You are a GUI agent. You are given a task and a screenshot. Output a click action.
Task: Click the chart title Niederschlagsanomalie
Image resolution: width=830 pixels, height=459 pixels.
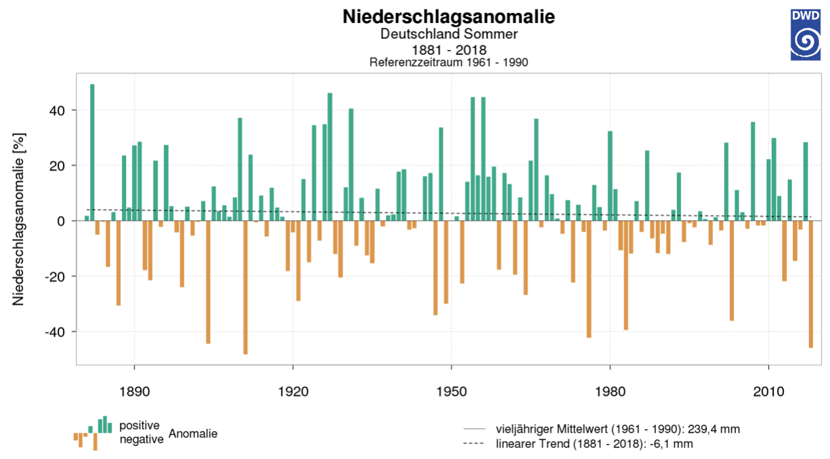click(449, 17)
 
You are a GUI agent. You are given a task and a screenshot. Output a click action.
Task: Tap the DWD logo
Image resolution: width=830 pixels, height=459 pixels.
click(805, 35)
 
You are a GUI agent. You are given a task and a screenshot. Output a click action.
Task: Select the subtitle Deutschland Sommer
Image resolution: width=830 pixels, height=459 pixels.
click(449, 34)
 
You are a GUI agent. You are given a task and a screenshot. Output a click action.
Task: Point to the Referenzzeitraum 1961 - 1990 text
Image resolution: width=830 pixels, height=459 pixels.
click(449, 62)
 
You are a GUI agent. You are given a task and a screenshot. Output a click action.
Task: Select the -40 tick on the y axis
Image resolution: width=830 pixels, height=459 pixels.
click(57, 332)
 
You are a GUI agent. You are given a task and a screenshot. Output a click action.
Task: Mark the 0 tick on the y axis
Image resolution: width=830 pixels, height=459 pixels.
click(63, 221)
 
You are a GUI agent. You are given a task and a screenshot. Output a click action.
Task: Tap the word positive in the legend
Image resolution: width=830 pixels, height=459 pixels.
click(139, 426)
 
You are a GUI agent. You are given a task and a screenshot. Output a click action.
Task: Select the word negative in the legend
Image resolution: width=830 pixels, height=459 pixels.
click(141, 439)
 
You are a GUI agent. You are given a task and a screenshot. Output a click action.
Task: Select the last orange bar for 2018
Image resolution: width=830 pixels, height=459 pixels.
click(810, 284)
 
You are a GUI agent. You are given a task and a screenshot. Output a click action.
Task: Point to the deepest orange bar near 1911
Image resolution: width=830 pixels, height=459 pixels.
click(245, 287)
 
